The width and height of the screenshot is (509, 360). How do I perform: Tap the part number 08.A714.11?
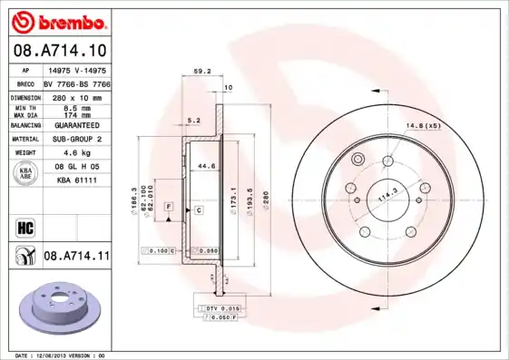(76, 257)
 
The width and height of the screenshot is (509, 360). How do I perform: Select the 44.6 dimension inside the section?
(206, 166)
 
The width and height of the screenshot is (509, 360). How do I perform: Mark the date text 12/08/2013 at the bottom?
(59, 355)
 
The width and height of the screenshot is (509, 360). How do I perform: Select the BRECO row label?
(25, 83)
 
